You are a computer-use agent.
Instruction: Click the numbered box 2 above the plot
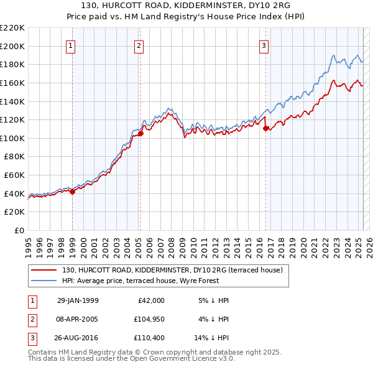tap(139, 45)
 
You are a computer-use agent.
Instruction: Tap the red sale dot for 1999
tap(72, 192)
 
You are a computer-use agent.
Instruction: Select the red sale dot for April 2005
tap(140, 133)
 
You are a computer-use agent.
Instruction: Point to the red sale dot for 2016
tap(266, 128)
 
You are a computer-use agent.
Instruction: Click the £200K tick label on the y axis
tap(12, 46)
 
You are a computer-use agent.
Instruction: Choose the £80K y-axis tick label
tap(14, 157)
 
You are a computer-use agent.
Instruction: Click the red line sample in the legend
tap(44, 270)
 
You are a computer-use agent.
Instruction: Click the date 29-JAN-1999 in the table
tap(78, 300)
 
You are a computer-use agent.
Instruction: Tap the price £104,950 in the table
tap(147, 320)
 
